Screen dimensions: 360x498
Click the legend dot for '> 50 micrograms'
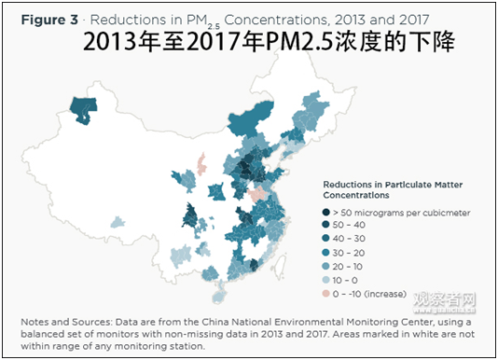click(x=327, y=213)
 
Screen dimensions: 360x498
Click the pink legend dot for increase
click(x=327, y=294)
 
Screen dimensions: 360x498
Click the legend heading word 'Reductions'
click(x=350, y=184)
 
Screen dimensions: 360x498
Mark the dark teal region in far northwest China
click(x=87, y=108)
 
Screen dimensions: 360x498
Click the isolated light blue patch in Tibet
click(x=118, y=222)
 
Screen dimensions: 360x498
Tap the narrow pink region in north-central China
click(x=201, y=165)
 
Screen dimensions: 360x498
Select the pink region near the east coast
click(x=257, y=195)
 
